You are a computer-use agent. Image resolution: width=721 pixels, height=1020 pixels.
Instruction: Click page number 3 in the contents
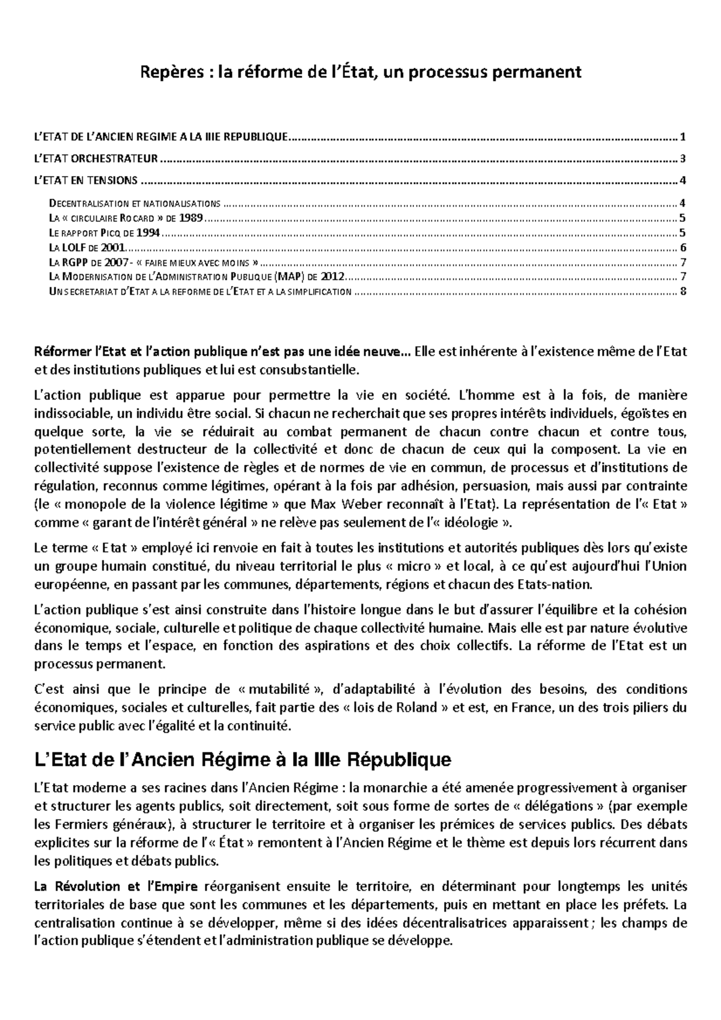pos(683,159)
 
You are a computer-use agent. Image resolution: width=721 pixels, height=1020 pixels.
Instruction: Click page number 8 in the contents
pos(683,292)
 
